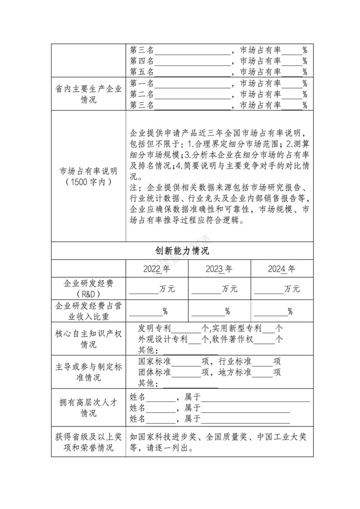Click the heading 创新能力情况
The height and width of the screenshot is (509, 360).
(x=182, y=251)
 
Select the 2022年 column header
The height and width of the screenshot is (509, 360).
(x=157, y=269)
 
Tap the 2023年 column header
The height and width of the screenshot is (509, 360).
(x=219, y=269)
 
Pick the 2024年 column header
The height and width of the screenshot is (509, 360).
(x=282, y=269)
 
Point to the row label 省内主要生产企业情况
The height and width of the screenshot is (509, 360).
(x=88, y=95)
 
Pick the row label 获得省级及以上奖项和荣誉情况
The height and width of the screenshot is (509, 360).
(x=88, y=442)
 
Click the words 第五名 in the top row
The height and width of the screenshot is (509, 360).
(x=142, y=72)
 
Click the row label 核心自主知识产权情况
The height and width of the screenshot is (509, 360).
(x=88, y=339)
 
